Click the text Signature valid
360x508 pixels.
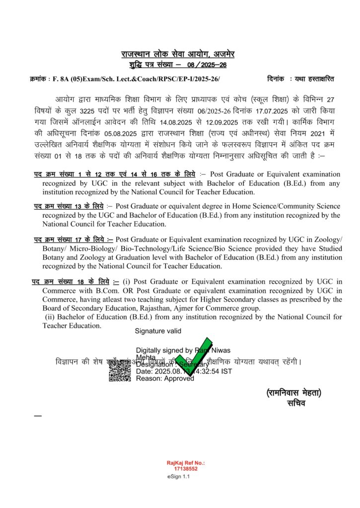158,331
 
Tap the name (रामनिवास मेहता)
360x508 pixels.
293,393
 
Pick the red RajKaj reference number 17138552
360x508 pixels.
186,468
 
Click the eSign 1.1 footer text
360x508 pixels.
179,477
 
